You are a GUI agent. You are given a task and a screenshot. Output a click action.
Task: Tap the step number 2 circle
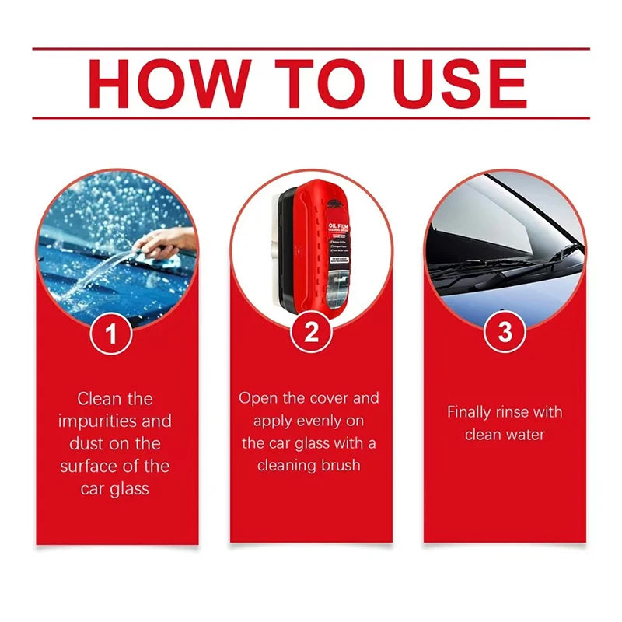point(311,333)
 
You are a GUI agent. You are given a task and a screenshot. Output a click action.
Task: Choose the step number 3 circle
point(505,333)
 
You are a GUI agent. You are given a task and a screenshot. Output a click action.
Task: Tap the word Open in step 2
point(258,399)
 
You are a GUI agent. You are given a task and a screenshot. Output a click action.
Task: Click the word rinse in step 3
point(522,412)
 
